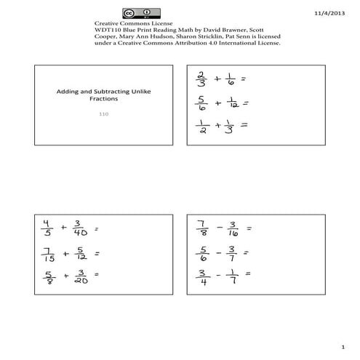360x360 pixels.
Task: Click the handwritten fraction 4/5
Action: coord(47,228)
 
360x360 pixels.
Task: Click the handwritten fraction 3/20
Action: coord(78,276)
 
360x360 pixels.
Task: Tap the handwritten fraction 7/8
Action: coord(202,228)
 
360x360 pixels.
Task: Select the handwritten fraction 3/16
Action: coord(232,228)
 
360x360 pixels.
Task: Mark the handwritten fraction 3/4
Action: coord(201,276)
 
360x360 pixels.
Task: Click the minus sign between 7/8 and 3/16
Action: coord(217,228)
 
